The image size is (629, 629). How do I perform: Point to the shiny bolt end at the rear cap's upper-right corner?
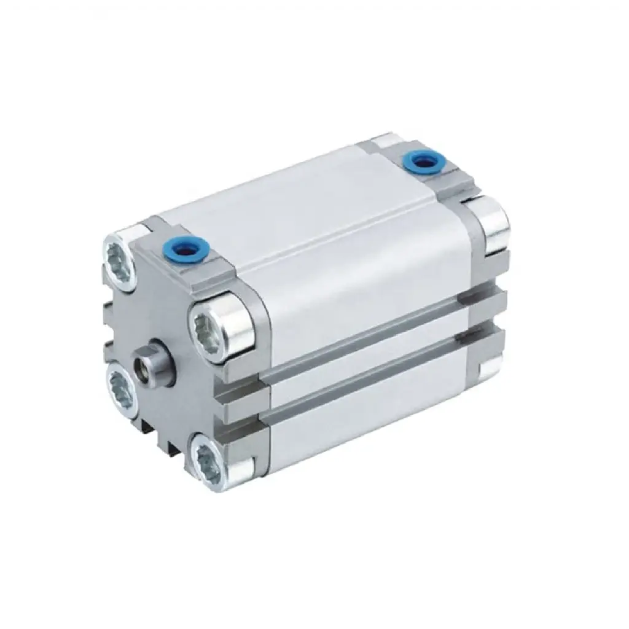[x=495, y=224]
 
